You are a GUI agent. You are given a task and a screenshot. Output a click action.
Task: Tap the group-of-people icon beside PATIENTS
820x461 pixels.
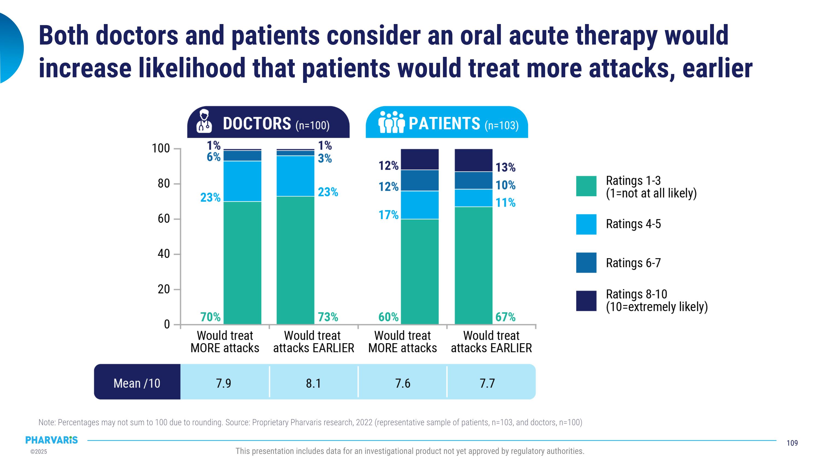391,122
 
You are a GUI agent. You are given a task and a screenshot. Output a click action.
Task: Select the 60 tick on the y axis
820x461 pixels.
164,219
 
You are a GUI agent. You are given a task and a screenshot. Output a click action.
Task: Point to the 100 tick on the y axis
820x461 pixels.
161,148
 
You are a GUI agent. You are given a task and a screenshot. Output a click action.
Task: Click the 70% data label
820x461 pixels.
210,317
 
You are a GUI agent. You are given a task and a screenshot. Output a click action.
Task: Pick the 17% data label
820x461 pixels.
388,215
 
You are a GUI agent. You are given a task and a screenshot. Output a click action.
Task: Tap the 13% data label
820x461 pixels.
505,167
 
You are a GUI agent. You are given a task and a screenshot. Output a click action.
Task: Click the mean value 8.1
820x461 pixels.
313,383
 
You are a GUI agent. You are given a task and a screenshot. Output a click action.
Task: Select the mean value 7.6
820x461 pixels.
403,383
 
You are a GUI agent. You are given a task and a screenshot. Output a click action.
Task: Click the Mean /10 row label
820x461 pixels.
137,383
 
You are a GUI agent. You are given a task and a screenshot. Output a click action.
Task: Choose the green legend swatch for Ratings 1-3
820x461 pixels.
586,186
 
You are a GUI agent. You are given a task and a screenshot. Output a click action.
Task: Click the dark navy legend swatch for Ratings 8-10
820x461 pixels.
586,301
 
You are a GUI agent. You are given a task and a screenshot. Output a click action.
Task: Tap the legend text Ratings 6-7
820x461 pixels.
633,263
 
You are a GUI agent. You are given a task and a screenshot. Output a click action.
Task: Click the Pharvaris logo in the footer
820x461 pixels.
52,440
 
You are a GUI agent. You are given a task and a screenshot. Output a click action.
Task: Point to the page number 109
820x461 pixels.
792,443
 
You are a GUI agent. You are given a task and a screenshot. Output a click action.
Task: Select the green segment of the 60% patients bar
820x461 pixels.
420,272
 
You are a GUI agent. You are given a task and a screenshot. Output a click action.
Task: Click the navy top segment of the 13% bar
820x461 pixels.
473,160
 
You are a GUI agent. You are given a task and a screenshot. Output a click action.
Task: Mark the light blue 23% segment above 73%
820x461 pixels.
295,176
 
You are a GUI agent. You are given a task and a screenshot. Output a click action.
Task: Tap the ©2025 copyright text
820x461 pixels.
39,452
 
